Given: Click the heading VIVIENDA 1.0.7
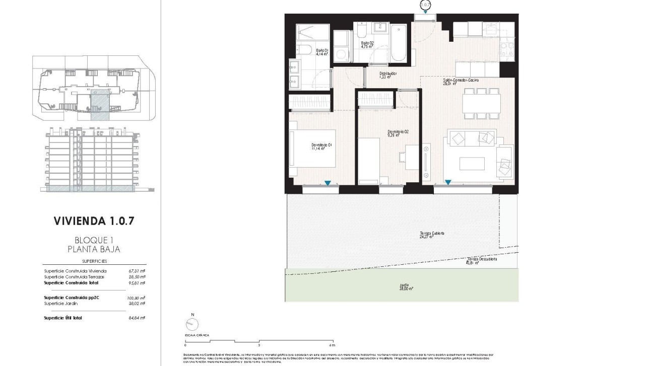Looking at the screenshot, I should pyautogui.click(x=94, y=221).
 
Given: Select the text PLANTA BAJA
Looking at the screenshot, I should pyautogui.click(x=94, y=249).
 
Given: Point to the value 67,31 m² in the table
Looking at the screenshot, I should pyautogui.click(x=137, y=271).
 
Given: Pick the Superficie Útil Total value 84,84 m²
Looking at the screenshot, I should pyautogui.click(x=136, y=318).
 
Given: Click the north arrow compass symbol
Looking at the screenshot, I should pyautogui.click(x=192, y=325).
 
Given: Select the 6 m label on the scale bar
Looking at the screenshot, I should pyautogui.click(x=331, y=345).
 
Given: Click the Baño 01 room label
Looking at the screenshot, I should pyautogui.click(x=322, y=52).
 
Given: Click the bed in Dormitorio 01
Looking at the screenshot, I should pyautogui.click(x=312, y=149).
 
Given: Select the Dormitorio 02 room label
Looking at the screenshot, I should pyautogui.click(x=398, y=133).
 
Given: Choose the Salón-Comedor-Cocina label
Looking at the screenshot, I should pyautogui.click(x=461, y=81).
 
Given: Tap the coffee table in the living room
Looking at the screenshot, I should pyautogui.click(x=472, y=164).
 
